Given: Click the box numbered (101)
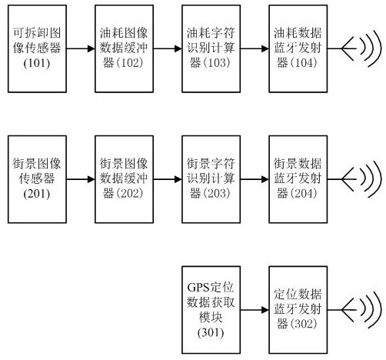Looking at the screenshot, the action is coord(37,48).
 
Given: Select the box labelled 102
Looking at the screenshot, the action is coord(124,48).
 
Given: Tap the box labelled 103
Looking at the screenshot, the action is coord(211,48).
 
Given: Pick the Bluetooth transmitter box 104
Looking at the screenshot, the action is coord(298,48).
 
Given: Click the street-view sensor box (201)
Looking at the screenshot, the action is coord(37,179).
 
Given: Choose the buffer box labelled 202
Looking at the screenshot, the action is coord(124,179).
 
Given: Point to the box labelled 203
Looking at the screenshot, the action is coord(211,179).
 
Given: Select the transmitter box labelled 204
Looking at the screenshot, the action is coord(298,179).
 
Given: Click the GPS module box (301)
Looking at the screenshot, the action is coord(211,310).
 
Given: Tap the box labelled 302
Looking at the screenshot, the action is coord(298,310).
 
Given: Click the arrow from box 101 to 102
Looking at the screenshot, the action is coord(81,48).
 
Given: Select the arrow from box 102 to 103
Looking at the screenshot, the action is coord(168,48).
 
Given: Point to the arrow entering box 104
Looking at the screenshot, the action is coord(255,48).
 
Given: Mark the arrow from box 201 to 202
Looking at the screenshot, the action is coord(81,179).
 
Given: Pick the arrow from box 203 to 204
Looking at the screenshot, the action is coord(255,179).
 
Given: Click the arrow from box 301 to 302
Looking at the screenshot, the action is coord(255,310).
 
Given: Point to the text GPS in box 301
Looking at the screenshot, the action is coord(198,288).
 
